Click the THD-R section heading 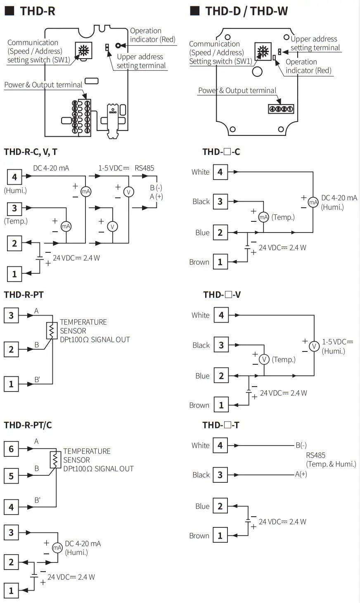[x=37, y=11]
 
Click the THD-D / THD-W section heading [x=246, y=11]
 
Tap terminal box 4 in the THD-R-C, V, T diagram [x=14, y=177]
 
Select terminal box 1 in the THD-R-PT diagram [x=11, y=384]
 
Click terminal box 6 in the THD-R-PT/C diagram [x=11, y=449]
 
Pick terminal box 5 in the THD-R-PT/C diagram [x=11, y=476]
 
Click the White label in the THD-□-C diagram [x=200, y=172]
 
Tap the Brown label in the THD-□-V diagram [x=199, y=405]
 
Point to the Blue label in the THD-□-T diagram [x=202, y=506]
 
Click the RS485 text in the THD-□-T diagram [x=316, y=455]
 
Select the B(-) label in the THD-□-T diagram [x=301, y=445]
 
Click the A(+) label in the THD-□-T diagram [x=301, y=474]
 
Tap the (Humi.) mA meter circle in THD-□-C [x=313, y=202]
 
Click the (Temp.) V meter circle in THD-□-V [x=264, y=359]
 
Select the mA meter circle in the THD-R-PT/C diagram [x=57, y=548]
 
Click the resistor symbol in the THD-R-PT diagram [x=52, y=330]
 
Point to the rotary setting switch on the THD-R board [x=83, y=51]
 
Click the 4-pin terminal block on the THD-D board [x=281, y=109]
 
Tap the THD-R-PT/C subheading [x=28, y=425]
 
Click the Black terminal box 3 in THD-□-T [x=220, y=475]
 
